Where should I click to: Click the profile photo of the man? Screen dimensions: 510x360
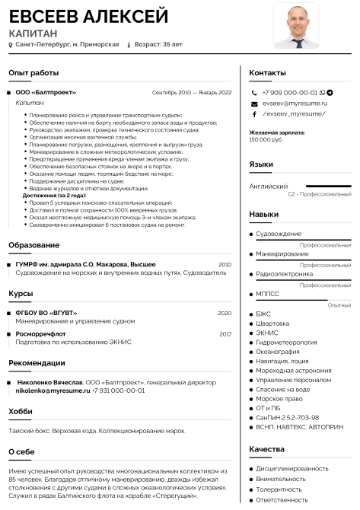click(296, 26)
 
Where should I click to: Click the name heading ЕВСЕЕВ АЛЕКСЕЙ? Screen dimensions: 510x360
click(88, 17)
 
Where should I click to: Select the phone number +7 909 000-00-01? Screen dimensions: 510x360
click(288, 92)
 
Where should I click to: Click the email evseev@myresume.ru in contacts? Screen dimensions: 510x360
click(295, 103)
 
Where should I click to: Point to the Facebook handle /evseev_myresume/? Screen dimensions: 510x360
click(293, 113)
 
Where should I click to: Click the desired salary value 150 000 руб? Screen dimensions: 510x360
click(265, 139)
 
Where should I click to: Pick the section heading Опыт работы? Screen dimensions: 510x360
click(33, 72)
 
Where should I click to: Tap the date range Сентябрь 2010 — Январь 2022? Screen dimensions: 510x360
click(191, 92)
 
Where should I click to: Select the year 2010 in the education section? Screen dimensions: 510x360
click(225, 264)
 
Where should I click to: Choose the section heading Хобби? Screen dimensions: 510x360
click(21, 411)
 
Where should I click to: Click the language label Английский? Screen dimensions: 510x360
click(269, 186)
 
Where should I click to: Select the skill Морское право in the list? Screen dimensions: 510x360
click(279, 398)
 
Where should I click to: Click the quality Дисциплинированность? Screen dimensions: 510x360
click(292, 468)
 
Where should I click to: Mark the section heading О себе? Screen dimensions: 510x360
click(21, 451)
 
